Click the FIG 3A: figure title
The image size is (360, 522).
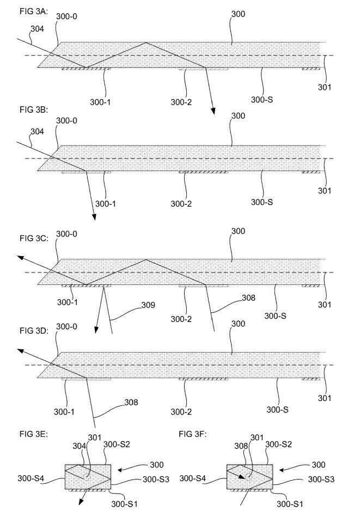(x=34, y=11)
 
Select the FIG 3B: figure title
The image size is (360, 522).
(x=34, y=110)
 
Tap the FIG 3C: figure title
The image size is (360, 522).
(x=34, y=238)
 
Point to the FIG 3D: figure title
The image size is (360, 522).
(x=34, y=331)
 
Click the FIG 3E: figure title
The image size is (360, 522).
(x=34, y=434)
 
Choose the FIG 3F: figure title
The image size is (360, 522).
(x=193, y=434)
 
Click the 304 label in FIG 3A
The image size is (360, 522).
(x=37, y=29)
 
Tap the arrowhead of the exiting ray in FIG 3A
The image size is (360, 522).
(x=213, y=111)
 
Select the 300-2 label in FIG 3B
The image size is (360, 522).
(x=181, y=204)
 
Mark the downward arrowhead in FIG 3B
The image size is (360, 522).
(x=94, y=216)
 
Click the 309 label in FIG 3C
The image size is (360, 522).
(x=148, y=305)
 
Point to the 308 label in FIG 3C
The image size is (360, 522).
(x=248, y=298)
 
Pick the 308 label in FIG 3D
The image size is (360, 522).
(x=131, y=403)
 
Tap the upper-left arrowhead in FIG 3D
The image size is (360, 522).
(x=21, y=350)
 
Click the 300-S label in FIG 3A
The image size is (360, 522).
(x=262, y=100)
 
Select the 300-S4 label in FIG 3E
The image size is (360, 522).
(x=31, y=478)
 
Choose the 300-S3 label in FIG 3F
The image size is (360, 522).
(x=321, y=479)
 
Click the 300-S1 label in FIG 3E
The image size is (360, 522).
(x=124, y=504)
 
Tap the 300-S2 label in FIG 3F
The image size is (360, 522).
(x=278, y=445)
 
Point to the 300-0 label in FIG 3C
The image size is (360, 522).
(x=66, y=234)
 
